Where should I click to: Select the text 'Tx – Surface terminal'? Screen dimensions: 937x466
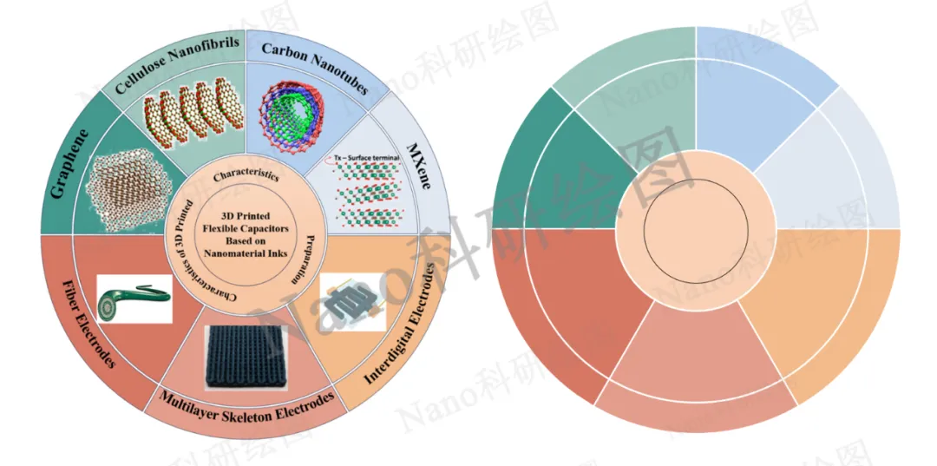363,159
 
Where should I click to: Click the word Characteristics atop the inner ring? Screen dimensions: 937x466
245,174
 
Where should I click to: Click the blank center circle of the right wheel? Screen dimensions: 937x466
695,230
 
